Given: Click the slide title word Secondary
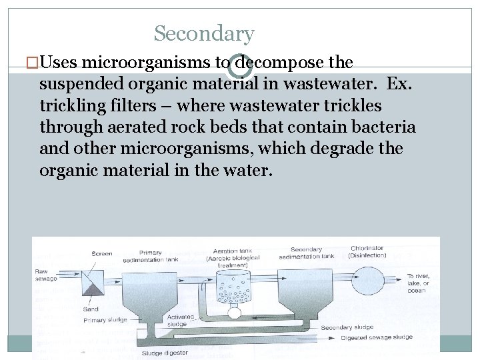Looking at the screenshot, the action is (x=204, y=33).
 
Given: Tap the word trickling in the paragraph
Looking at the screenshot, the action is (x=72, y=105).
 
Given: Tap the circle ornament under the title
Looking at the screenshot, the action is (x=240, y=65).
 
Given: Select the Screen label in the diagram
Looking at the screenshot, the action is (x=101, y=254).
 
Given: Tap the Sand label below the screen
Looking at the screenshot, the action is (x=91, y=309).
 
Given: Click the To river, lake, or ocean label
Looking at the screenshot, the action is (x=419, y=283).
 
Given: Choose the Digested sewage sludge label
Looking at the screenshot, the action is (x=377, y=337).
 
